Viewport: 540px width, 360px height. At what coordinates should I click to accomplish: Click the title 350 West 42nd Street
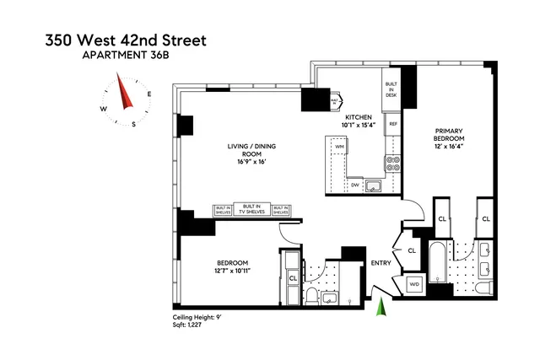pos(115,40)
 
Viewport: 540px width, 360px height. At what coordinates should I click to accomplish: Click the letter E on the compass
pos(148,94)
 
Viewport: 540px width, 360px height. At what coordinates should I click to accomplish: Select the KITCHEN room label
pos(359,118)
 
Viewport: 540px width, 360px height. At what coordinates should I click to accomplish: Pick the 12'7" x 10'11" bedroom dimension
pos(233,270)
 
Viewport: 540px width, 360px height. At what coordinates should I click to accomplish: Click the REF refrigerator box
pos(392,125)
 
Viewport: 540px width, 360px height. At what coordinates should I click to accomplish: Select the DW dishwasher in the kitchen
pos(355,184)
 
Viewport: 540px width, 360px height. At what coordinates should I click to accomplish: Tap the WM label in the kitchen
pos(339,147)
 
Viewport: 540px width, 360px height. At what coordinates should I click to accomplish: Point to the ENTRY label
pos(380,262)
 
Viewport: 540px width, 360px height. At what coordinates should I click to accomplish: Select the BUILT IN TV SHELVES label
pos(251,209)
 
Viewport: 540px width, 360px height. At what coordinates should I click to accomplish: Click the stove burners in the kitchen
pos(392,162)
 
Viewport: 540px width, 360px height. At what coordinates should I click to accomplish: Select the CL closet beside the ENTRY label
pos(412,250)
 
